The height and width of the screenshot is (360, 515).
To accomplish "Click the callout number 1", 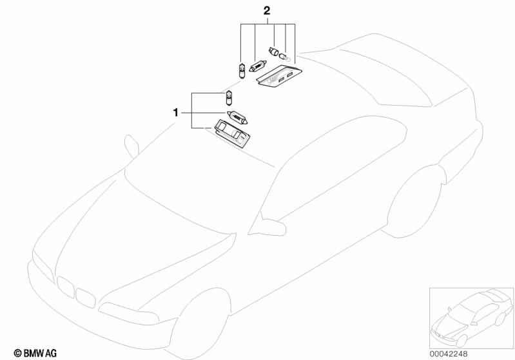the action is (175, 113).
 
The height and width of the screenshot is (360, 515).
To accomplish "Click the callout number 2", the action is (266, 11).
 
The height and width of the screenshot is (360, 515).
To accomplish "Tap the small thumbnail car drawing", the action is (471, 316).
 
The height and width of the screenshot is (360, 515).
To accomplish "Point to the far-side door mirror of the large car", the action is (132, 146).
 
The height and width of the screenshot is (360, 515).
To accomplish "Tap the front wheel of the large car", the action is (197, 325).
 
